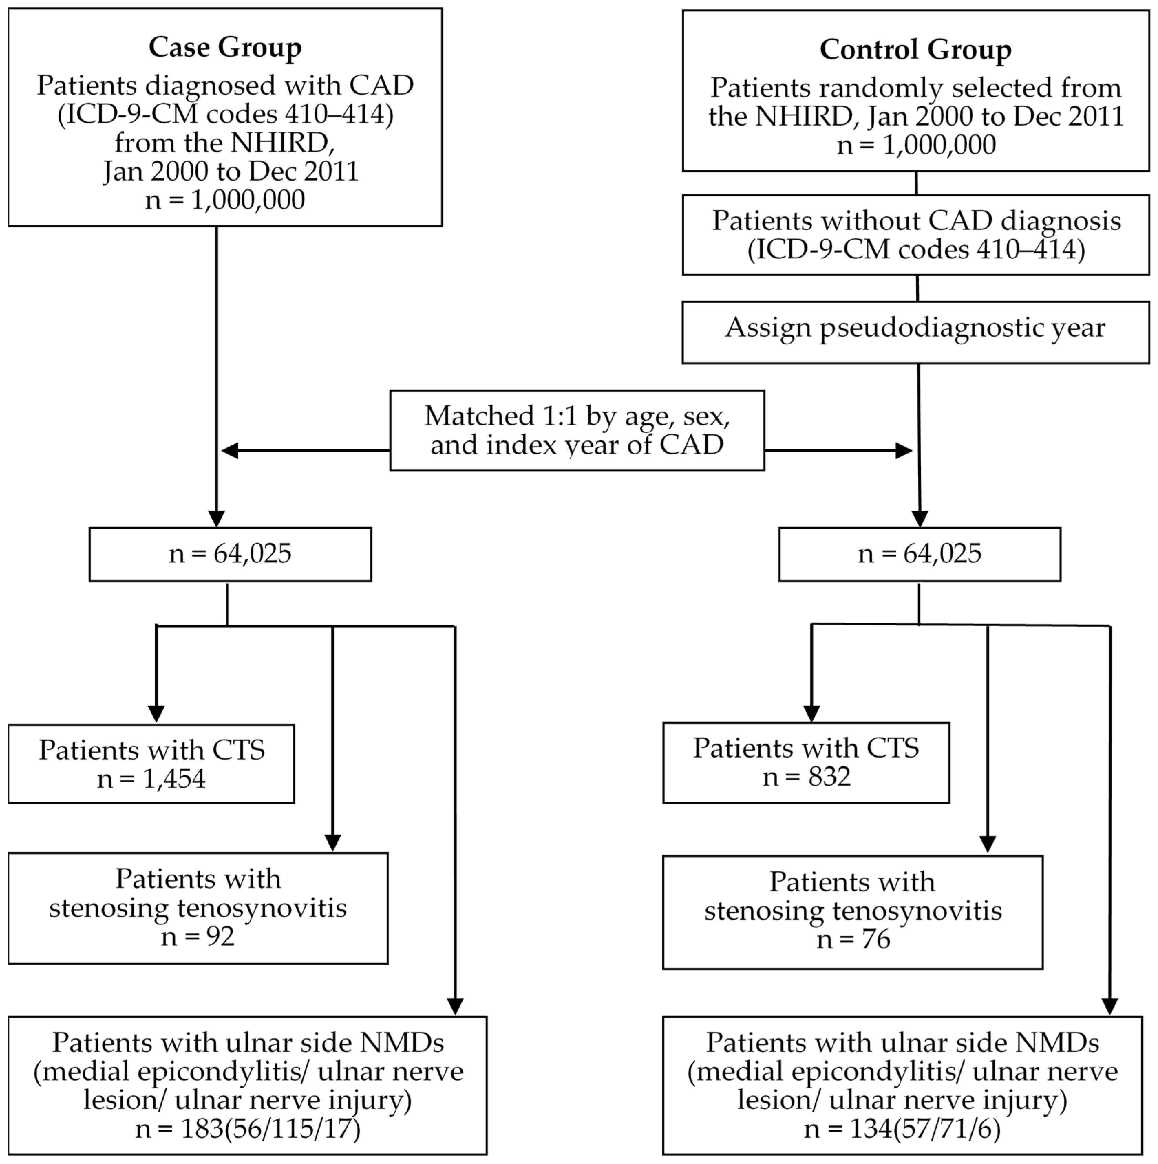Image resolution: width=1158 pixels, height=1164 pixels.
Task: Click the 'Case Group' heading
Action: (x=225, y=47)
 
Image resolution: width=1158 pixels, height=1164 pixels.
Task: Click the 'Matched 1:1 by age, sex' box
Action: (x=577, y=430)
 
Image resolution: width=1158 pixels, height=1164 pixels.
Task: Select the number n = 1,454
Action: (x=151, y=779)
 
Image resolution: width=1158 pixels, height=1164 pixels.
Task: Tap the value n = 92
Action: (x=198, y=936)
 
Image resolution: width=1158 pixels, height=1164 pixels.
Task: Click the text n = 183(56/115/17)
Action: (x=248, y=1128)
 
